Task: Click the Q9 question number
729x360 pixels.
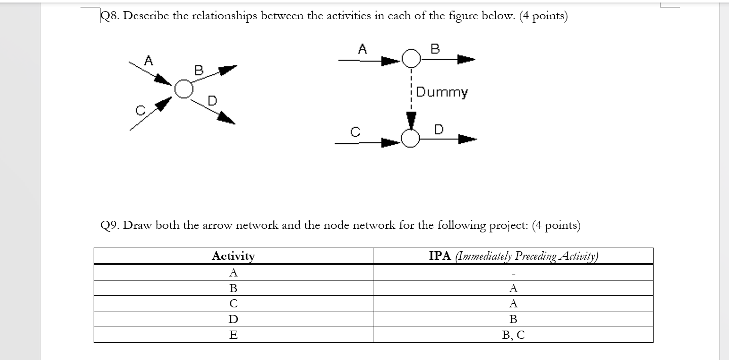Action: (x=109, y=225)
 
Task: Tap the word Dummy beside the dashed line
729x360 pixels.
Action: (x=442, y=92)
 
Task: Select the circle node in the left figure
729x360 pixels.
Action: (x=184, y=89)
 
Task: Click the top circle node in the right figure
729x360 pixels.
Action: (x=411, y=59)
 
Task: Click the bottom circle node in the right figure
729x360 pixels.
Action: (x=411, y=138)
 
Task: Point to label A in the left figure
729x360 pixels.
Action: (x=148, y=61)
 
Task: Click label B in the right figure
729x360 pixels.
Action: (x=435, y=49)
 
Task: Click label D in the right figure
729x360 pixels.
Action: (x=438, y=129)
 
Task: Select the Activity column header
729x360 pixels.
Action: (x=233, y=256)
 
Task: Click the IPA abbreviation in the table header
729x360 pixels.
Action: (x=440, y=256)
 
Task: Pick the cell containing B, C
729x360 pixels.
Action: (x=513, y=335)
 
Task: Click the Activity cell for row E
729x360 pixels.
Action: (x=233, y=335)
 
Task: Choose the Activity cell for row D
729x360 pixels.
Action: (x=233, y=319)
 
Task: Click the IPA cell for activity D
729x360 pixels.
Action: (x=513, y=319)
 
